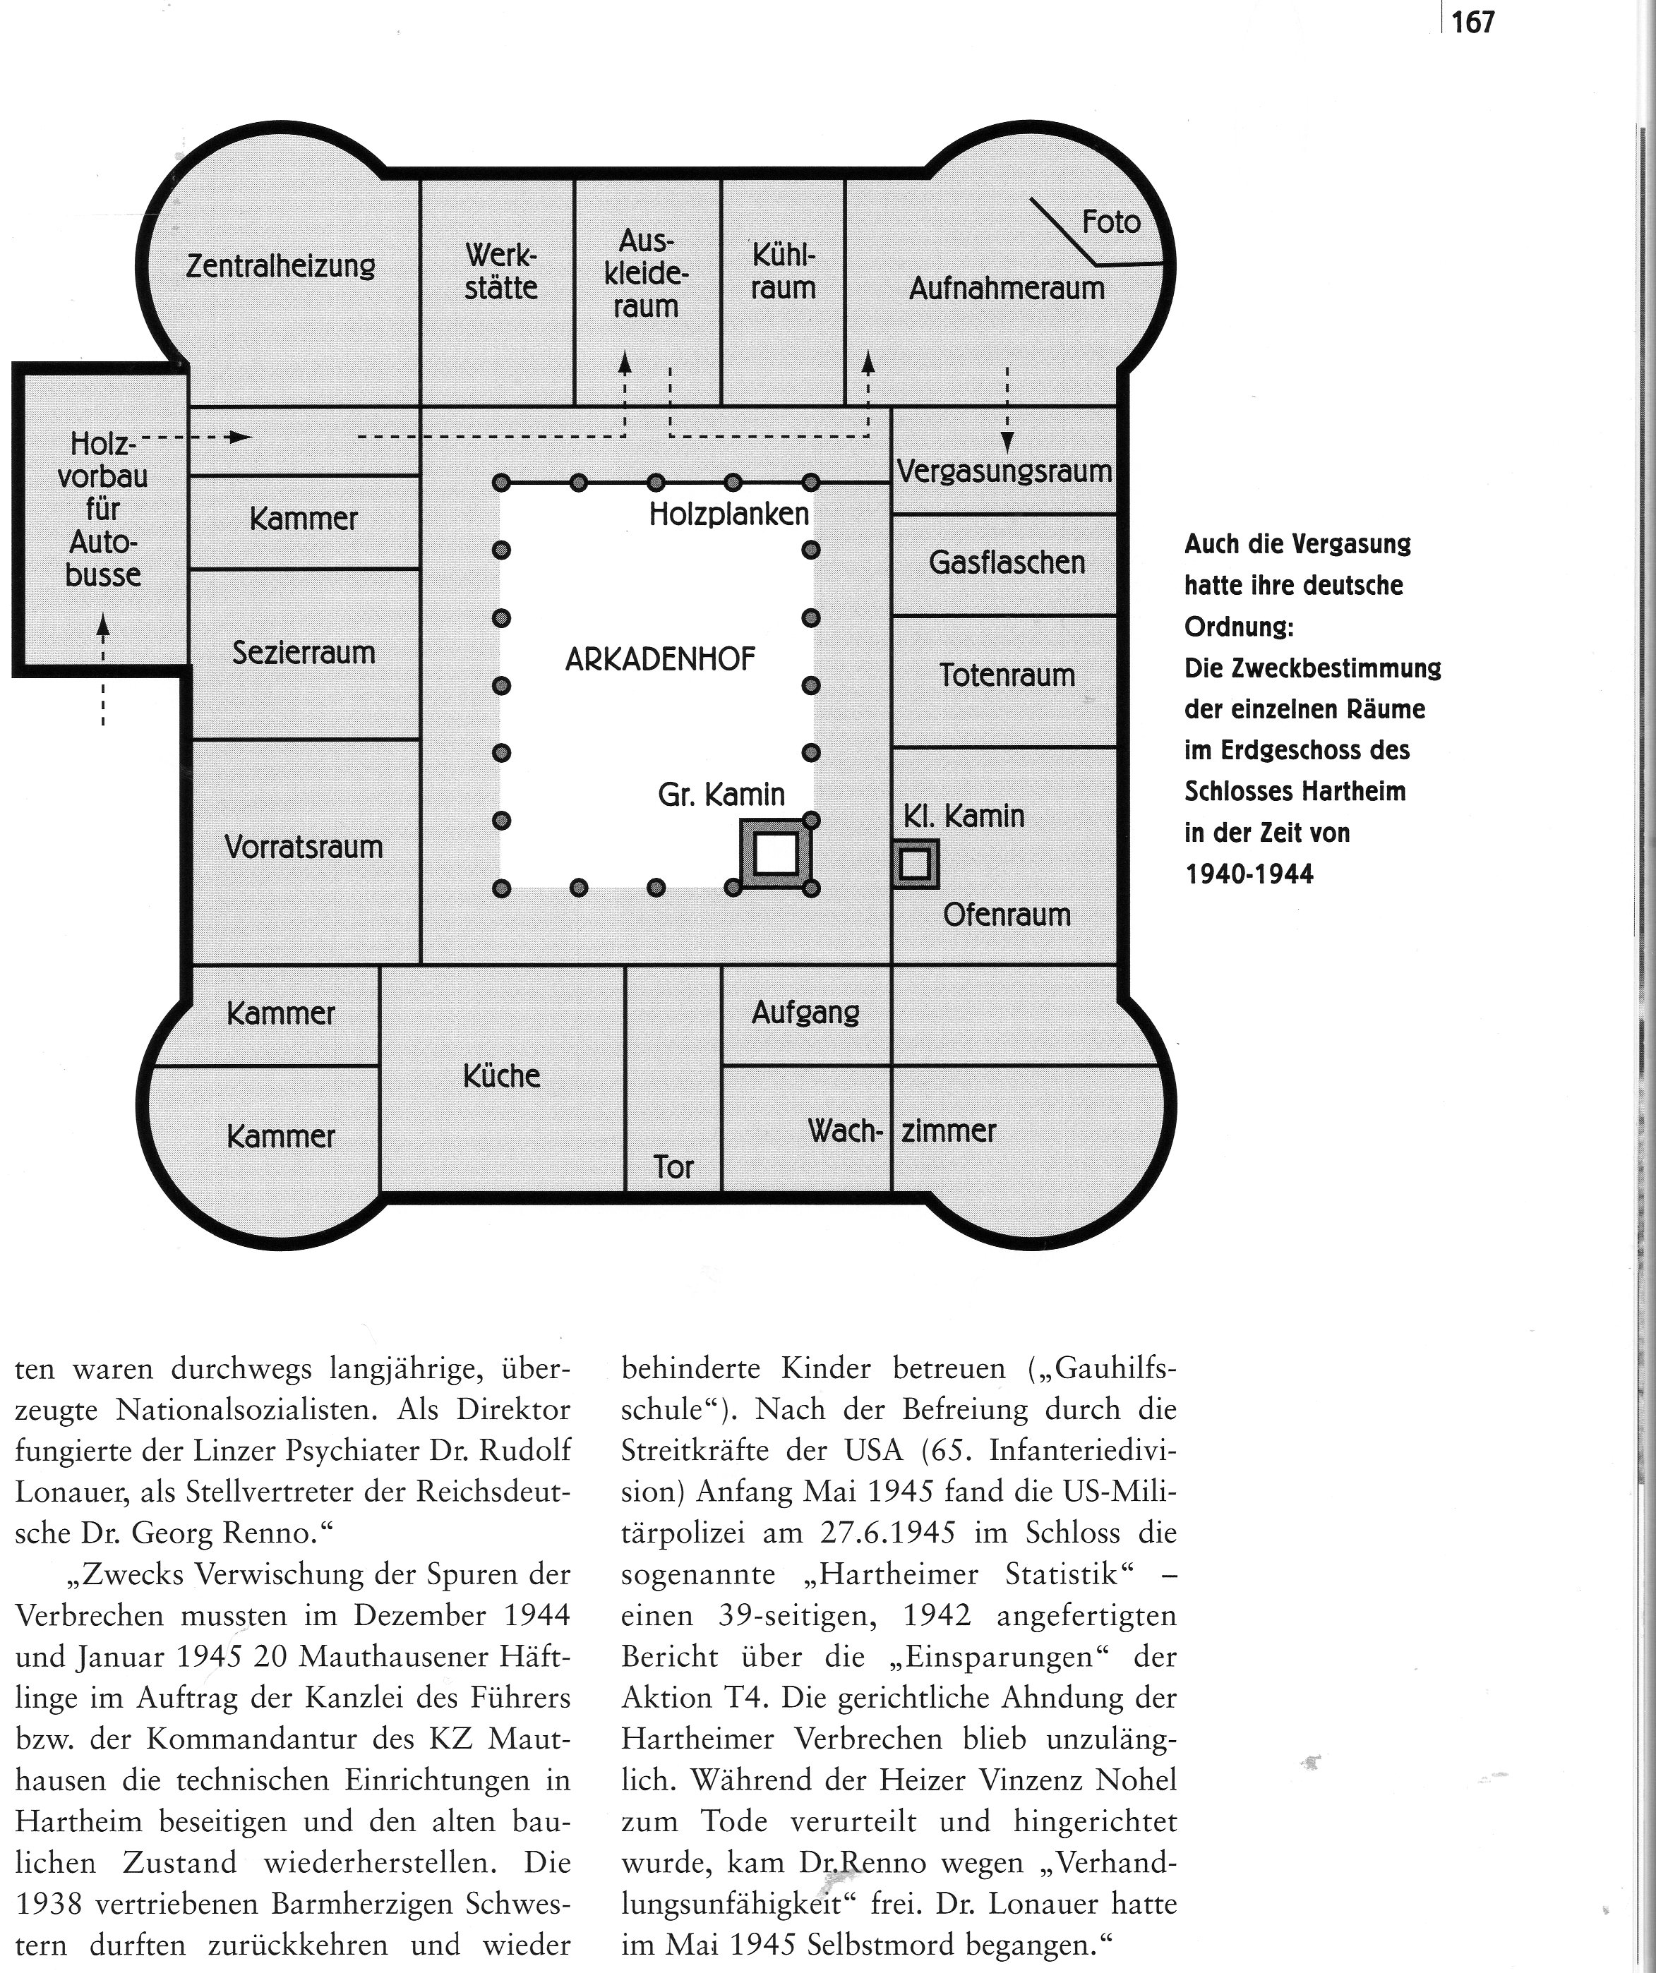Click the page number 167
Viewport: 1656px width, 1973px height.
(x=1472, y=22)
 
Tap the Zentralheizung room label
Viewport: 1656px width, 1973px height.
(x=280, y=266)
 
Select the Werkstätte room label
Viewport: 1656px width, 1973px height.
(x=501, y=272)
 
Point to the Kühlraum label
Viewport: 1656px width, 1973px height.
(x=783, y=272)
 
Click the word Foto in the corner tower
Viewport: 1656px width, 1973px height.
(x=1111, y=222)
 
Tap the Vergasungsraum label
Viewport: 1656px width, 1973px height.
(x=1004, y=471)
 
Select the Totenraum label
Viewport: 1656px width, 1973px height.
(x=1007, y=675)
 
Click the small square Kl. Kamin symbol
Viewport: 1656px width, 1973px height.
(x=914, y=864)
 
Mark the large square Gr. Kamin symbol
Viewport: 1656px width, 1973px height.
(x=775, y=853)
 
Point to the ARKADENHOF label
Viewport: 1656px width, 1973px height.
(x=660, y=660)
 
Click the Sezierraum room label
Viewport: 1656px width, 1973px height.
(x=304, y=652)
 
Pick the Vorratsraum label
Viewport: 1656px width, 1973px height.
(x=304, y=847)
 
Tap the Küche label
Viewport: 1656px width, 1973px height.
(x=501, y=1075)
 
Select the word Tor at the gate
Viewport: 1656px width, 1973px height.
(x=673, y=1168)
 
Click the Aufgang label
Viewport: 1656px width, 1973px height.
(x=805, y=1012)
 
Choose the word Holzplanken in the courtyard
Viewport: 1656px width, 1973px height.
(x=728, y=514)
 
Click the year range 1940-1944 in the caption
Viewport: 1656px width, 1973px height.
(x=1249, y=874)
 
